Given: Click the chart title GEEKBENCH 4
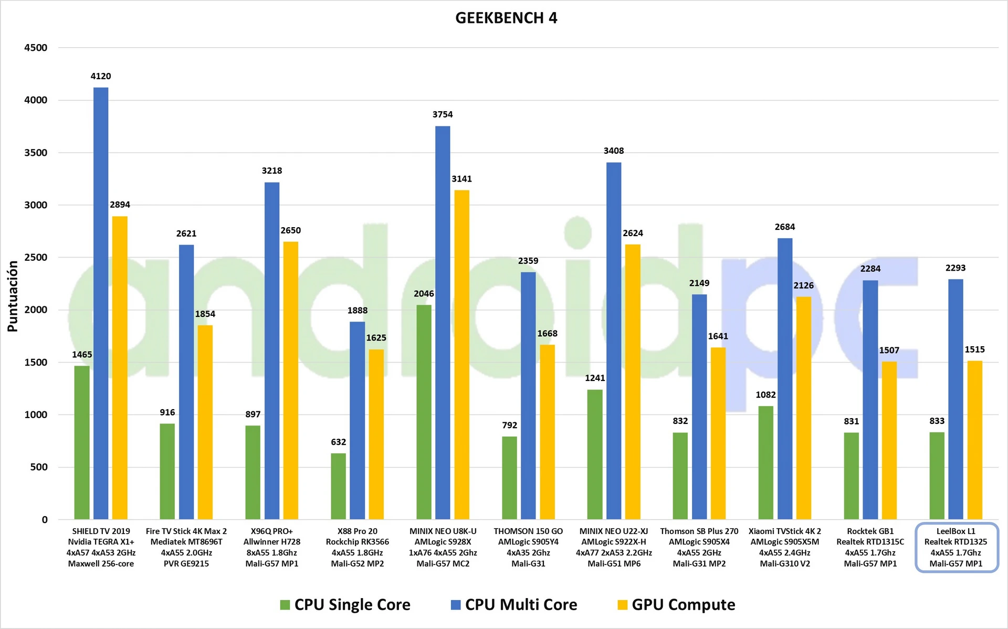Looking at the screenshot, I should (x=506, y=18).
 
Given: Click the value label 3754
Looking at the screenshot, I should (x=443, y=114).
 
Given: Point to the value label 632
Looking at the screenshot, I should (x=338, y=442).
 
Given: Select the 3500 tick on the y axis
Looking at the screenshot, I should (x=36, y=153).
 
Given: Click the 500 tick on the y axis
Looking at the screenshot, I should (x=39, y=467).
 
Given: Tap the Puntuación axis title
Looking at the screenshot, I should (x=13, y=296).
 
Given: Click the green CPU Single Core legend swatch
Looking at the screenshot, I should (x=285, y=605).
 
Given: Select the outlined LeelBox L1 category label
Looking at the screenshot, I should (x=955, y=547).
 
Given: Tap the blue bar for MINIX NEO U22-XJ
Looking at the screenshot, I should (x=613, y=341).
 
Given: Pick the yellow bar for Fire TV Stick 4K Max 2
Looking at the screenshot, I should (x=205, y=422).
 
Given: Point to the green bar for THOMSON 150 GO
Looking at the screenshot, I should (x=509, y=477).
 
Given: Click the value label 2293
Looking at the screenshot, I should (x=955, y=268).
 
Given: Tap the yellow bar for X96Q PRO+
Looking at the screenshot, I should (x=290, y=380).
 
